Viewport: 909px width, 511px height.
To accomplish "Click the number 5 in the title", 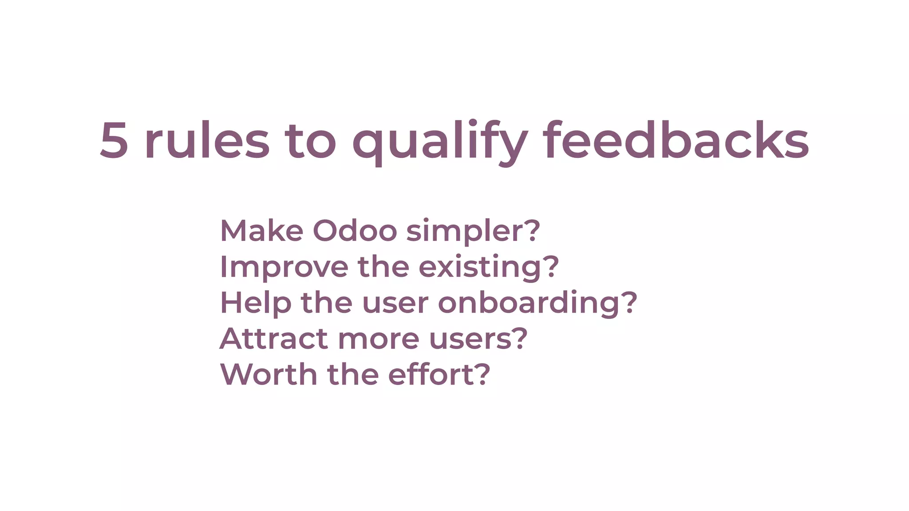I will tap(114, 140).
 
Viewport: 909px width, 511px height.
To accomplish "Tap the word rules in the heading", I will tap(207, 140).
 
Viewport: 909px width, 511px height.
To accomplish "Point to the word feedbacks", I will tap(676, 140).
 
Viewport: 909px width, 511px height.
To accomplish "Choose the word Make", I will tap(261, 231).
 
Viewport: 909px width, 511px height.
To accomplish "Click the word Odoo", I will tap(355, 231).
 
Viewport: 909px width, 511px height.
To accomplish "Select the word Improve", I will tap(284, 267).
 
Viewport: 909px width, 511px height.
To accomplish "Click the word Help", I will tap(256, 303).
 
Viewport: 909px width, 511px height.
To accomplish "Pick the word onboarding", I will tap(528, 303).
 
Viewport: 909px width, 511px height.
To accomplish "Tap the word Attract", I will tap(274, 339).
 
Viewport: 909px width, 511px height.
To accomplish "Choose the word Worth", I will tap(269, 375).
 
